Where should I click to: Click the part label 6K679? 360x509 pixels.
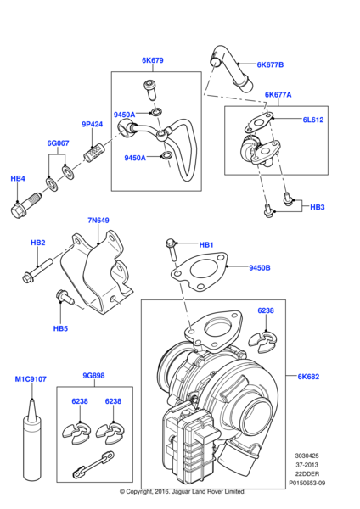pyautogui.click(x=152, y=60)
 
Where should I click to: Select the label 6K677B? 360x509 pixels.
pyautogui.click(x=270, y=65)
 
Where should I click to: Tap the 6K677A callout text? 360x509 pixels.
pyautogui.click(x=278, y=95)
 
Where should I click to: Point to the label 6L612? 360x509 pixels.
pyautogui.click(x=314, y=121)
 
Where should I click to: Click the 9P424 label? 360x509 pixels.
pyautogui.click(x=92, y=125)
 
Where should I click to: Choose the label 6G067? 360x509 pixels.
pyautogui.click(x=58, y=144)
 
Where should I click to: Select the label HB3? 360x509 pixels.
pyautogui.click(x=317, y=207)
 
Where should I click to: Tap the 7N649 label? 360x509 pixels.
pyautogui.click(x=98, y=221)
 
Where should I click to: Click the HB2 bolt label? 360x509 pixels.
pyautogui.click(x=37, y=243)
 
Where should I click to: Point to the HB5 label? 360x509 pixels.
pyautogui.click(x=60, y=327)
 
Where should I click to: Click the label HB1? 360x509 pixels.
pyautogui.click(x=206, y=245)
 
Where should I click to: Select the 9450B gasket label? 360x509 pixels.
pyautogui.click(x=260, y=268)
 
